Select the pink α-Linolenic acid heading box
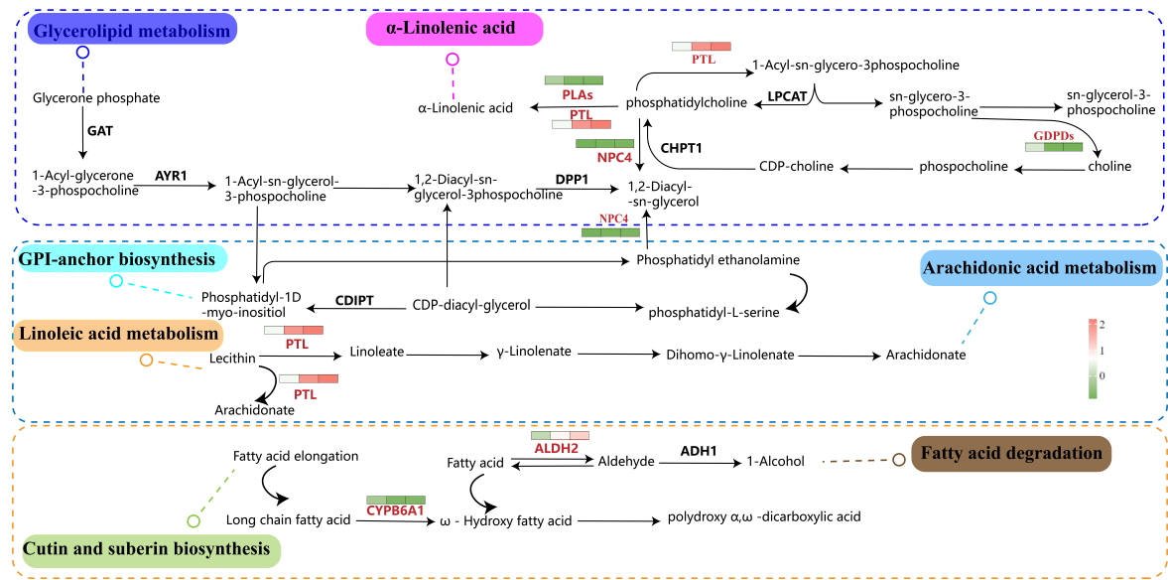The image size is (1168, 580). coord(456,29)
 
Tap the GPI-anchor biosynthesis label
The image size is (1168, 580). coord(118,259)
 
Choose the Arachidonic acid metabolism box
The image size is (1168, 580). coord(1040,268)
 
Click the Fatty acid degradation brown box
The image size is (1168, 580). coord(1011,454)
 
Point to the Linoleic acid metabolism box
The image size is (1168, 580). coord(116,336)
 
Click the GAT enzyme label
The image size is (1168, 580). coord(99,130)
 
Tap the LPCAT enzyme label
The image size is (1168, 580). coord(788,96)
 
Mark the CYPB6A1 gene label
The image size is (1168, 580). coord(395,510)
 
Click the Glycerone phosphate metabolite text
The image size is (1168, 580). coord(96,97)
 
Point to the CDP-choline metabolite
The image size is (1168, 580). coord(796,166)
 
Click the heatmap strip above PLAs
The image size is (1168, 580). coord(575,80)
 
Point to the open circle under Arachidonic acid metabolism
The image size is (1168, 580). coord(988,298)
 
